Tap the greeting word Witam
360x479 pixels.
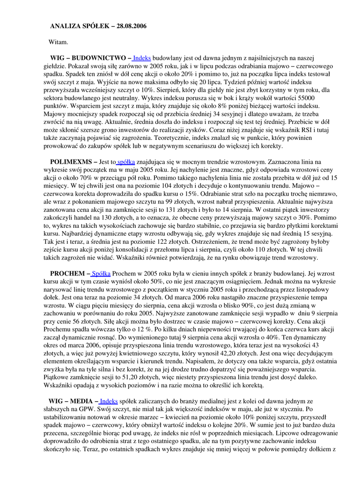(x=59, y=42)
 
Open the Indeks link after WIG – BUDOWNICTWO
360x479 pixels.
(x=142, y=58)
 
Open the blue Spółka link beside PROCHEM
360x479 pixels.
(x=101, y=273)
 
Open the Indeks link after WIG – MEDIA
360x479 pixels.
(x=109, y=401)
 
